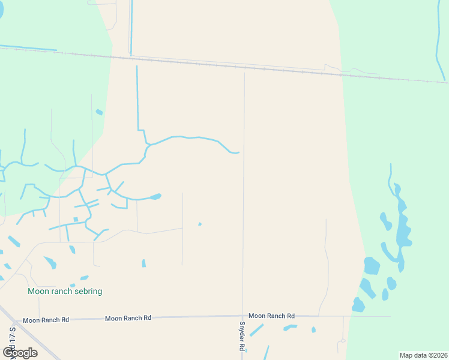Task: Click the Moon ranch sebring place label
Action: pyautogui.click(x=65, y=291)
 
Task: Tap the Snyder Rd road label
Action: pyautogui.click(x=242, y=337)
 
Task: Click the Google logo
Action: pyautogui.click(x=20, y=352)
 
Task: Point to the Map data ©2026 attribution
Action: pyautogui.click(x=423, y=355)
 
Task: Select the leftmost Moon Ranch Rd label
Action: pyautogui.click(x=46, y=320)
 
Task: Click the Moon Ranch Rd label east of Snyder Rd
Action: pyautogui.click(x=271, y=316)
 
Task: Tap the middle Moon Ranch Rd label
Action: pyautogui.click(x=128, y=318)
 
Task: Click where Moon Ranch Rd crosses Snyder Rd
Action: pyautogui.click(x=243, y=316)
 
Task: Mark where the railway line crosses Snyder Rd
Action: pyautogui.click(x=244, y=68)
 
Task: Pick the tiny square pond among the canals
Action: pyautogui.click(x=76, y=219)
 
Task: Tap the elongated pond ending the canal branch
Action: pyautogui.click(x=155, y=196)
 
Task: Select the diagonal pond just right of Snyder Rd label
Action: pyautogui.click(x=256, y=330)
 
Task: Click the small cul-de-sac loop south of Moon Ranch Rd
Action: pyautogui.click(x=342, y=341)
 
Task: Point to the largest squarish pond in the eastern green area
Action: pyautogui.click(x=372, y=265)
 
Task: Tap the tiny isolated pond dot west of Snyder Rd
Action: pyautogui.click(x=200, y=224)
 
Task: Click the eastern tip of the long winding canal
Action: pyautogui.click(x=238, y=152)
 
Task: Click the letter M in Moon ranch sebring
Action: pyautogui.click(x=31, y=291)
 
